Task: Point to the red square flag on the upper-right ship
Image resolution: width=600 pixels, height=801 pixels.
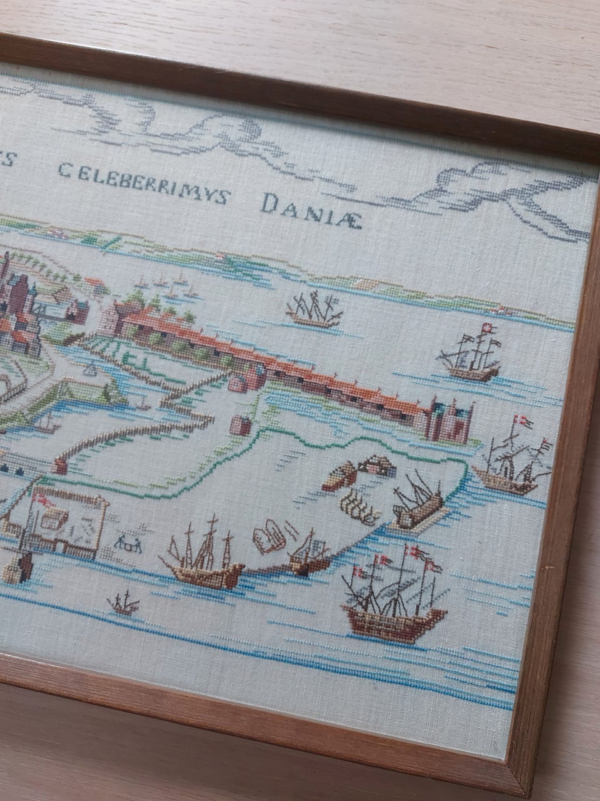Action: pos(488,329)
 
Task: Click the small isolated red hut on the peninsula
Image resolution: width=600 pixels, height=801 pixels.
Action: pos(242,424)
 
